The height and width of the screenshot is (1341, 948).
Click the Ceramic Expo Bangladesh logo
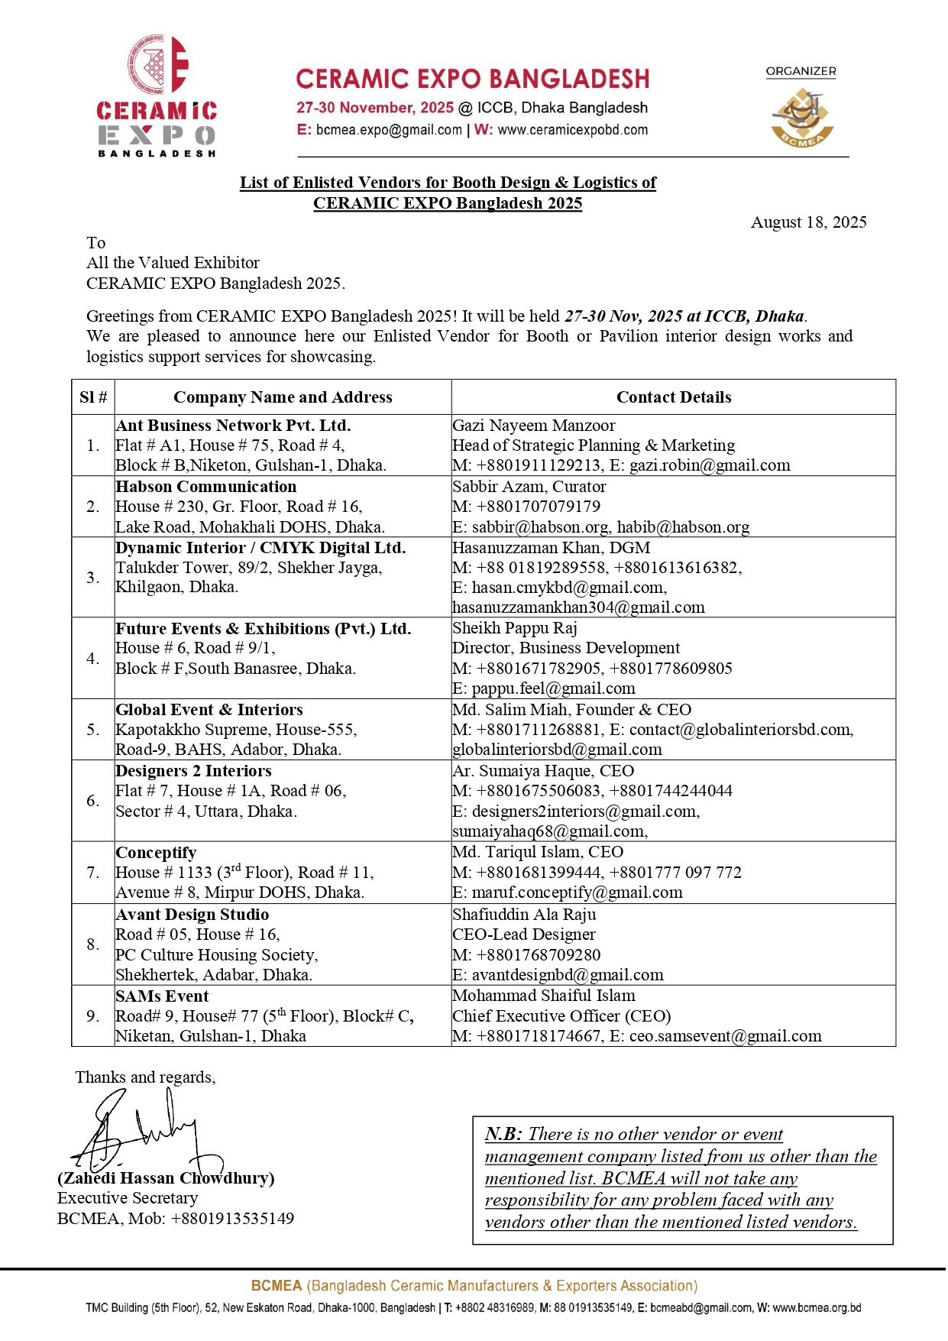coord(157,96)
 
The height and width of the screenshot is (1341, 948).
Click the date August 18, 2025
coord(808,222)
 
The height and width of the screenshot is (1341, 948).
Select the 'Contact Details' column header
coord(674,397)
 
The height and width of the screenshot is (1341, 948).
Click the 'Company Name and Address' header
coord(283,397)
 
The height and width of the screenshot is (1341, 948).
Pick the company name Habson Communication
coord(206,487)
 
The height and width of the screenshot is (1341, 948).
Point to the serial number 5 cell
coord(93,730)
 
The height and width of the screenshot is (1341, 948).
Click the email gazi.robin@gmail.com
coord(710,465)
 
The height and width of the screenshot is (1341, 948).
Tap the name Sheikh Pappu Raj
coord(515,628)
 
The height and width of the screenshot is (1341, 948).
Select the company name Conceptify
coord(156,853)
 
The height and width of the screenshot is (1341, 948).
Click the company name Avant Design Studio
coord(193,915)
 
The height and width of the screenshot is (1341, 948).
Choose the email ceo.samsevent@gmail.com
coord(725,1036)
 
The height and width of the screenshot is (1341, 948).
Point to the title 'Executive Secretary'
coord(128,1198)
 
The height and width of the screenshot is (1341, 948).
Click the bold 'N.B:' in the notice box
coord(503,1134)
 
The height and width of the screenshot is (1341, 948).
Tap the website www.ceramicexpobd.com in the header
coord(572,130)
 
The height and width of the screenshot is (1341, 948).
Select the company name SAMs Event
coord(162,996)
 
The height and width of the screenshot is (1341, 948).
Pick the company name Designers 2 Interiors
coord(193,771)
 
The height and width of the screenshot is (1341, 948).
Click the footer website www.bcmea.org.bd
coord(817,1307)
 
